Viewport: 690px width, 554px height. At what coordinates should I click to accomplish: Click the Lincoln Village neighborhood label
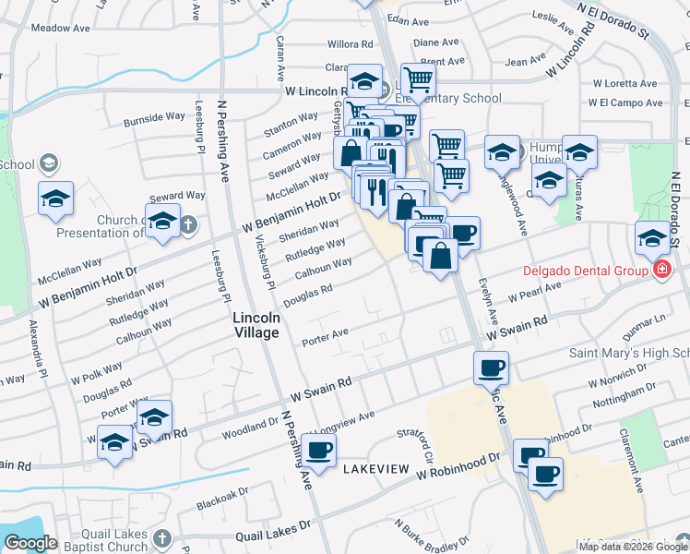256,324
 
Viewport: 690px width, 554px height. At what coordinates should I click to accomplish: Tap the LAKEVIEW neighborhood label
375,469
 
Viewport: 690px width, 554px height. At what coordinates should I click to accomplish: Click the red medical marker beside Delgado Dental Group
661,271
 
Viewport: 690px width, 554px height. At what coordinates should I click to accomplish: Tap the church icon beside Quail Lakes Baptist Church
162,537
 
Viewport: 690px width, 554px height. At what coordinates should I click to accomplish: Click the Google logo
30,543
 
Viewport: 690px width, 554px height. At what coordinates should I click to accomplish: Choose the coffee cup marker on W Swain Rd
491,367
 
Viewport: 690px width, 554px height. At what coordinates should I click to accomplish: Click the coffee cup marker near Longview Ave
318,450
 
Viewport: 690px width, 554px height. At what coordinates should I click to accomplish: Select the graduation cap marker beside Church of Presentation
163,222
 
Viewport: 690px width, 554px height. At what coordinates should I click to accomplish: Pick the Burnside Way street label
155,118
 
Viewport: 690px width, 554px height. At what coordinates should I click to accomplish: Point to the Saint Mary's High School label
628,354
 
